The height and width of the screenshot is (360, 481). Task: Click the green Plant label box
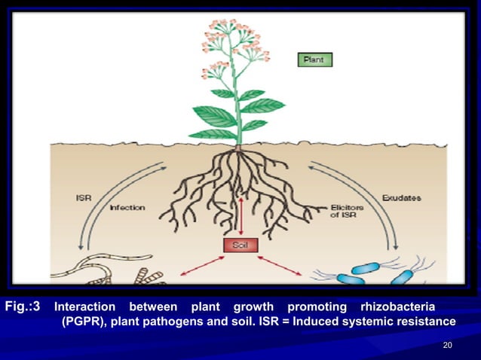coord(315,59)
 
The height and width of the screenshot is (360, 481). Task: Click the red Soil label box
coord(240,246)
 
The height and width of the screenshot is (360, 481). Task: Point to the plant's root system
coord(237,185)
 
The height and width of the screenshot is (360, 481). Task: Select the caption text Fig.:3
coord(27,307)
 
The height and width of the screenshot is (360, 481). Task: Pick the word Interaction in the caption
coord(85,307)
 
